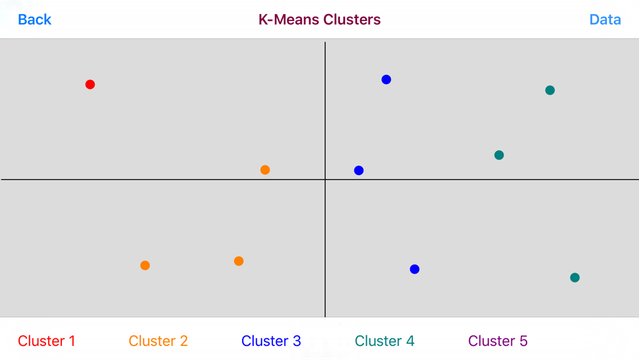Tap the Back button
point(35,20)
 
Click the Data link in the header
point(605,20)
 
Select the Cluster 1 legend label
point(47,341)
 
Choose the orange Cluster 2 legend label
point(158,341)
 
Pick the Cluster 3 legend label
point(271,341)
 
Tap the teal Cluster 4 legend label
point(384,341)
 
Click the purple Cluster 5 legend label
point(498,341)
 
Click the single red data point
point(90,84)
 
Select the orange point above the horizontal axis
point(265,169)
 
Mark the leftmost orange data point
point(145,265)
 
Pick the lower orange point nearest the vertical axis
point(239,261)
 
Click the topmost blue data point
point(387,79)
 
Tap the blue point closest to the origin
point(358,171)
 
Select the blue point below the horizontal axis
point(415,269)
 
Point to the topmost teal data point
point(550,90)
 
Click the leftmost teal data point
point(499,155)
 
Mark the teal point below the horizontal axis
point(574,278)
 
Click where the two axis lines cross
point(325,180)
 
